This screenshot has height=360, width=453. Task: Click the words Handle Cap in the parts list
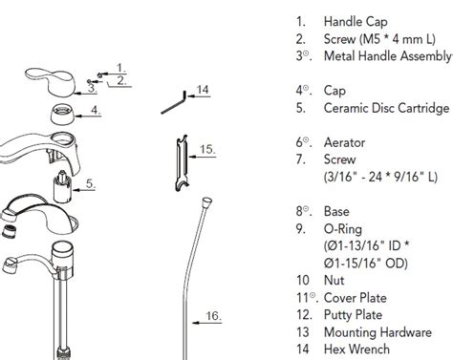pos(356,21)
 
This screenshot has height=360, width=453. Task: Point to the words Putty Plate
pos(355,313)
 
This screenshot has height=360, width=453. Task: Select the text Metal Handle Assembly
pos(386,55)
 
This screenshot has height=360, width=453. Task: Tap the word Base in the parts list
pos(338,210)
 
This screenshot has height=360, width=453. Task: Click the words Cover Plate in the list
pos(356,296)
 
